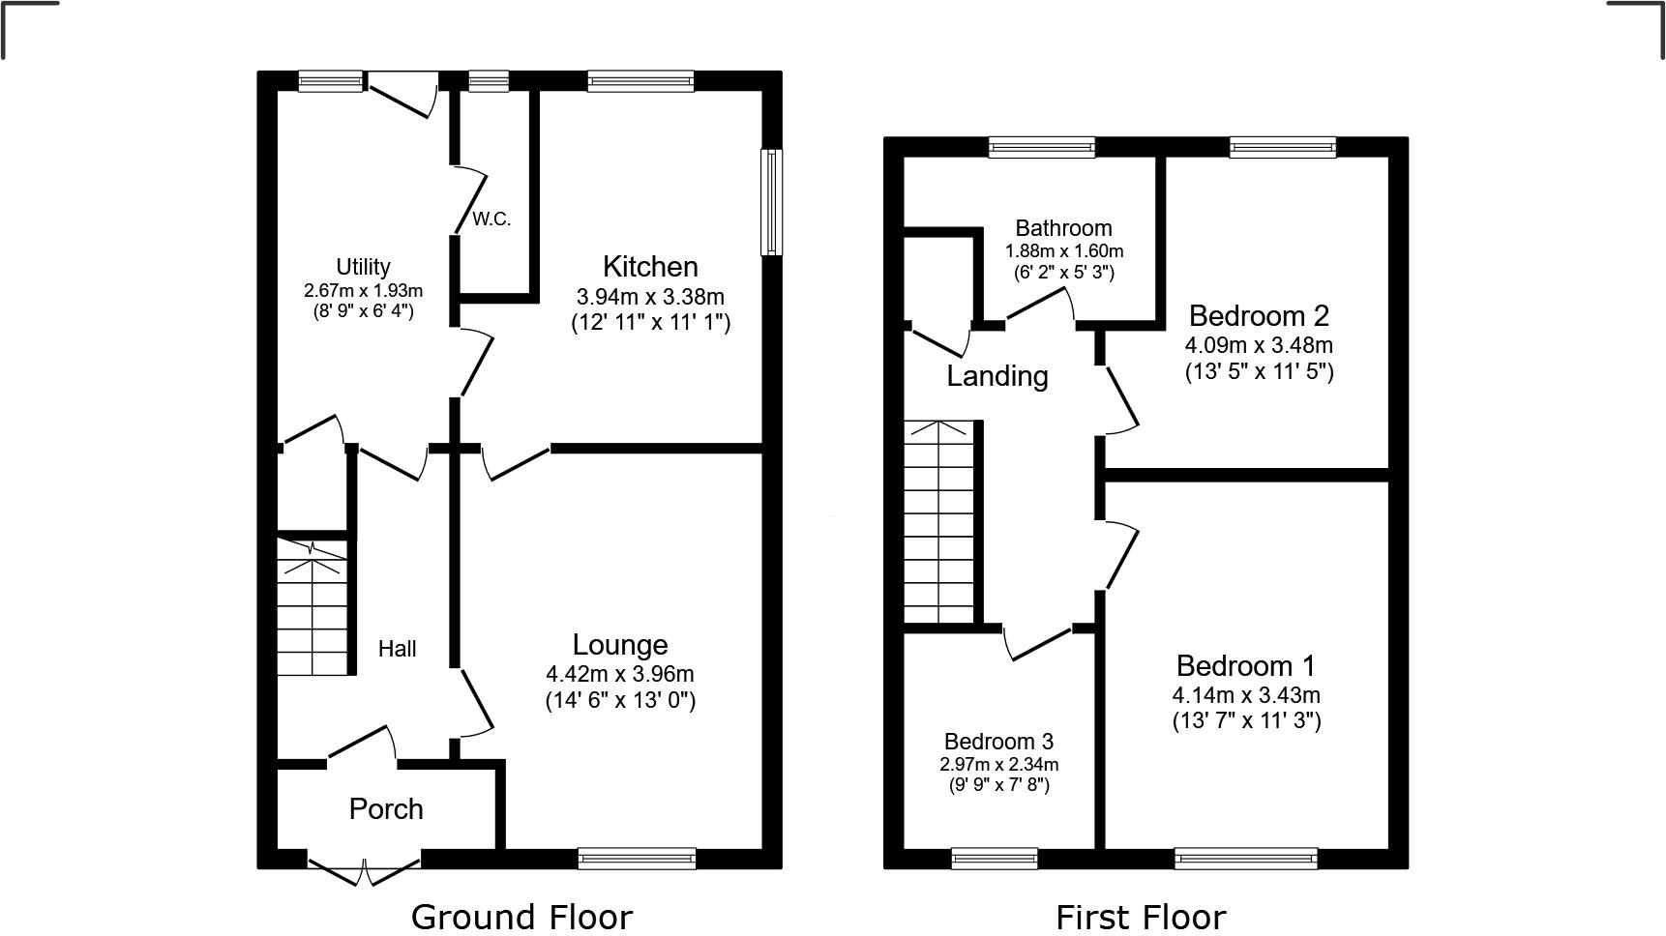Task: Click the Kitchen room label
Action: tap(650, 267)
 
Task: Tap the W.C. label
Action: tap(491, 219)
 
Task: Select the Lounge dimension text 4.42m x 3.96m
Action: tap(619, 674)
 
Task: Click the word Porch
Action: tap(386, 809)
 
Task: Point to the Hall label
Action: tap(397, 649)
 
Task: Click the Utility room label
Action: tap(363, 267)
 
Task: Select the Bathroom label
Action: tap(1063, 228)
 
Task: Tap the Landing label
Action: tap(997, 376)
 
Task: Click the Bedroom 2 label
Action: tap(1259, 315)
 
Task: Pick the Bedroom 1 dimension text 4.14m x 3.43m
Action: tap(1246, 695)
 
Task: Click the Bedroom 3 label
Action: tap(998, 742)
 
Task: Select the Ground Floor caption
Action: tap(521, 917)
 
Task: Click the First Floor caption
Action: tap(1141, 917)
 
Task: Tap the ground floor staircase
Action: tap(312, 609)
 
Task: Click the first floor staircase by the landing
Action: tap(938, 522)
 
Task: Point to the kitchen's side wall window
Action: tap(771, 202)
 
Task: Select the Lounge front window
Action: tap(637, 858)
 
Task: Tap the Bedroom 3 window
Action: tap(995, 858)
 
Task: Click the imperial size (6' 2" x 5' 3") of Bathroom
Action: tap(1063, 273)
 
